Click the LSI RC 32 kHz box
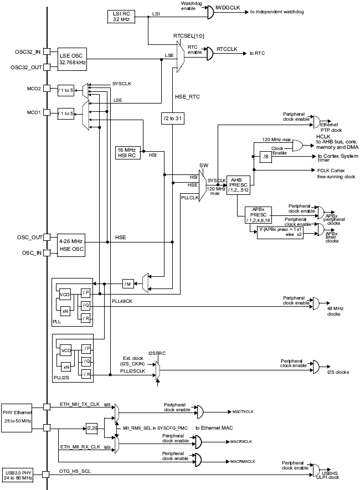pos(121,17)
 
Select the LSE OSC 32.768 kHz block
pos(72,59)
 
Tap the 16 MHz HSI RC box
pos(128,153)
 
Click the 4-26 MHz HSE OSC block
pos(71,245)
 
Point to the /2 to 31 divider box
pos(172,118)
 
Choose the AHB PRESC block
pos(238,185)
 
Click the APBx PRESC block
pos(259,215)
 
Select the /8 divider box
pos(266,157)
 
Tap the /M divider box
pos(128,283)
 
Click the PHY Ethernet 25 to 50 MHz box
pos(17,417)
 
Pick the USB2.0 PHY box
pos(18,475)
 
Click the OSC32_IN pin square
pos(47,51)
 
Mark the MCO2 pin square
pos(47,89)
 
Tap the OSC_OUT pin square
pos(47,237)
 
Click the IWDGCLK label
pos(228,8)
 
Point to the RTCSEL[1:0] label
pos(189,36)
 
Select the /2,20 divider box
pos(92,429)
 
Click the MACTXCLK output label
pos(243,412)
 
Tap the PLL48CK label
pos(122,301)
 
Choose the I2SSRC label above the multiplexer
pos(157,353)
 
